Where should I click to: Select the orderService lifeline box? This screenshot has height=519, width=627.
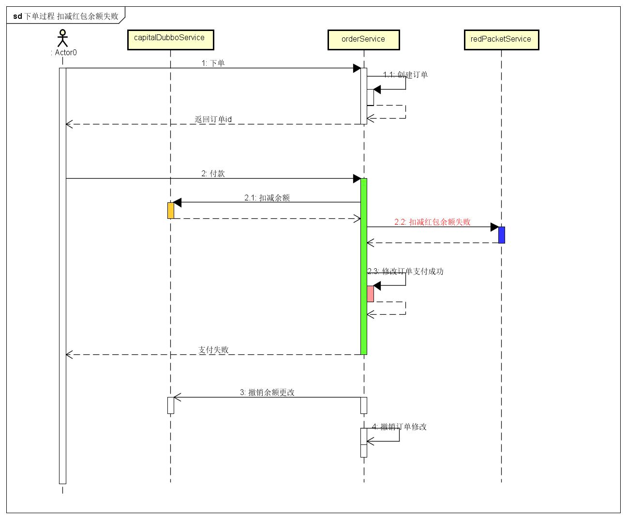pos(363,40)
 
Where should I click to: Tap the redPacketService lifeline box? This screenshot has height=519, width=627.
pos(501,40)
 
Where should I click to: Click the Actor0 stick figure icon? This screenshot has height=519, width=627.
pos(62,38)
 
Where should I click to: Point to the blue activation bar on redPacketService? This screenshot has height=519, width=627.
pos(502,235)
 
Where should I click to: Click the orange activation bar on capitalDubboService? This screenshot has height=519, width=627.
pos(170,210)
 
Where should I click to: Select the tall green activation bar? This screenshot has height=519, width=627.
pos(364,266)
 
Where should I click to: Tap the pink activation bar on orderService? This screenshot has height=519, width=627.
pos(370,293)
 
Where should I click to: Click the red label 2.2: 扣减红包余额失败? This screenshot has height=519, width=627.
pos(432,222)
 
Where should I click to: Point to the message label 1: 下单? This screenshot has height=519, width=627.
pos(213,63)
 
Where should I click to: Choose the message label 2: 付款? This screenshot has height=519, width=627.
pos(213,173)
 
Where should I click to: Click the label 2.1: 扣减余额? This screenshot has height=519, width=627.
pos(267,198)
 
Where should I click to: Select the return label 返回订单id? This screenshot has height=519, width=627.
pos(213,119)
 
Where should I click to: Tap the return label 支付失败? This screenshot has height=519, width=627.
pos(213,350)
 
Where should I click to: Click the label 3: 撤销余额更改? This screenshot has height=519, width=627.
pos(267,392)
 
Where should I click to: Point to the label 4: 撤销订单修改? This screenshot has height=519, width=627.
pos(399,427)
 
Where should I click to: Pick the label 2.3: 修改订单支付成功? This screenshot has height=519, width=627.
pos(405,271)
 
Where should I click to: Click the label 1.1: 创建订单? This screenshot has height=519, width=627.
pos(405,75)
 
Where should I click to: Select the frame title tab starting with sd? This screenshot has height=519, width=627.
pos(66,16)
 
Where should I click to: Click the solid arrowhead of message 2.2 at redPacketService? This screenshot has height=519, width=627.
pos(494,227)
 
